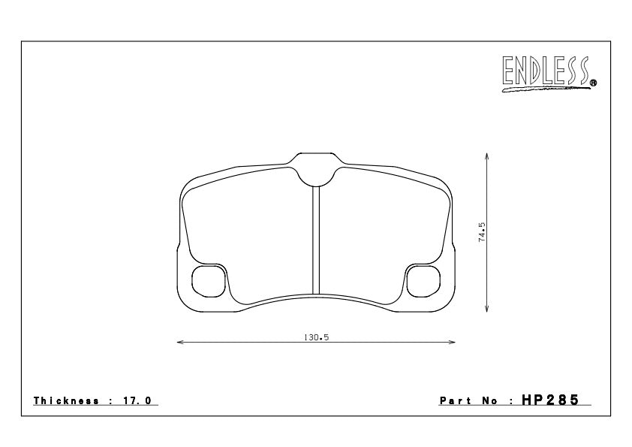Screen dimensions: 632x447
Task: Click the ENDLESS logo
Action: click(x=549, y=73)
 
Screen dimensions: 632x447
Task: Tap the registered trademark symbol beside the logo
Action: click(x=593, y=83)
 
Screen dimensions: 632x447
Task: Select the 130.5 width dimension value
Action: click(x=317, y=337)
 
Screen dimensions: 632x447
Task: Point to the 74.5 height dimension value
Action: click(x=482, y=232)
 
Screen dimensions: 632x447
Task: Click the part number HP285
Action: click(x=550, y=400)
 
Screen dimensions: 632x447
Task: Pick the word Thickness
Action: click(x=66, y=400)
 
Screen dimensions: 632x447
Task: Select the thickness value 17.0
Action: click(x=137, y=400)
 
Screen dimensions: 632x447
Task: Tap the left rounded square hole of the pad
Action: click(x=208, y=281)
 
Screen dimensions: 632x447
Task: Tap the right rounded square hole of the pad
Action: click(x=423, y=281)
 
